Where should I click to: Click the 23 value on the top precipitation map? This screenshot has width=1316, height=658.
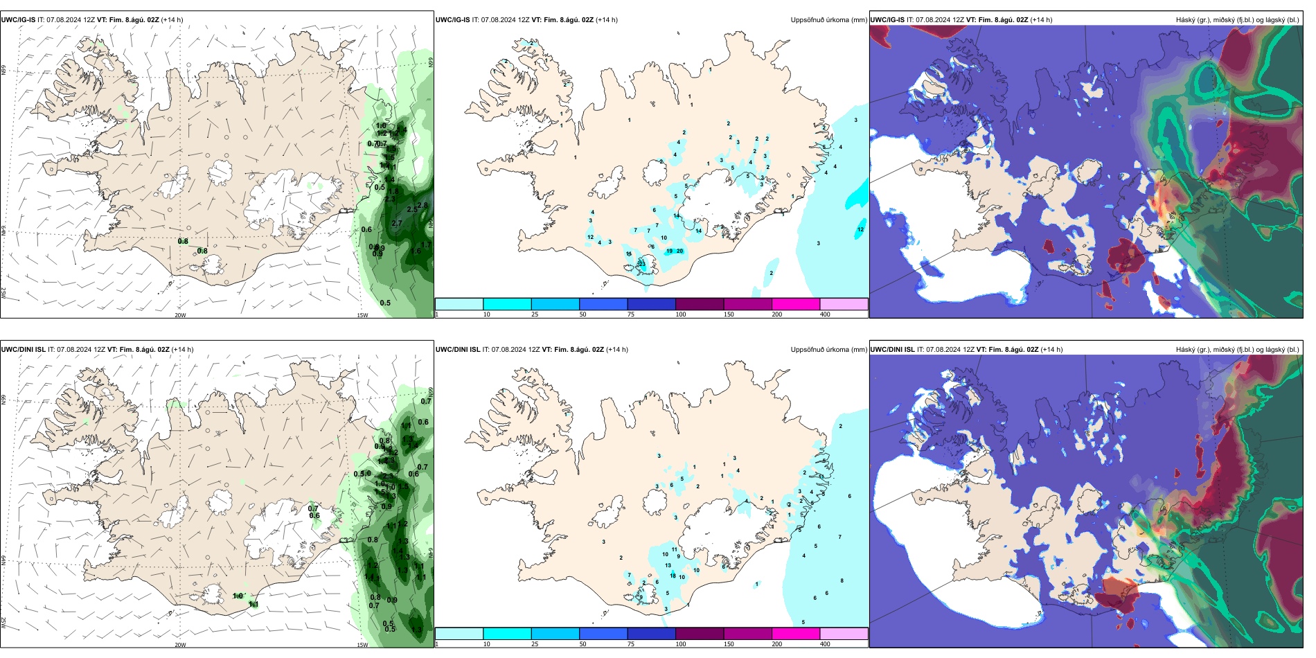(642, 264)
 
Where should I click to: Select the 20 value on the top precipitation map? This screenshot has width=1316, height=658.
(679, 251)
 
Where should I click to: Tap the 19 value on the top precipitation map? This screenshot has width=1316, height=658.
(669, 251)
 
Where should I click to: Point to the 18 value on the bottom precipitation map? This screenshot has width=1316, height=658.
(673, 576)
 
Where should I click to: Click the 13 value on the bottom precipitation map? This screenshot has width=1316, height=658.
(668, 566)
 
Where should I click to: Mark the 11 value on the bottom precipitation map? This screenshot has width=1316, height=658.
(675, 550)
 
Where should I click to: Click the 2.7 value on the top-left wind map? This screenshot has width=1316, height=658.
(397, 224)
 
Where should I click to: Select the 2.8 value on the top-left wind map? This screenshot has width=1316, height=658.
(423, 206)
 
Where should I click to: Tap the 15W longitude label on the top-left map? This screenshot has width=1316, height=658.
(362, 315)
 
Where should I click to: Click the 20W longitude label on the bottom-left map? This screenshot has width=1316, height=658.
(180, 645)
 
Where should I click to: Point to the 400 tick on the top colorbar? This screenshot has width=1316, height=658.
(825, 314)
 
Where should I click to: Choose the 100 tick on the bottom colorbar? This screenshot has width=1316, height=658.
(681, 644)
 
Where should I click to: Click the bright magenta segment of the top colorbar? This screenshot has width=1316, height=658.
(795, 304)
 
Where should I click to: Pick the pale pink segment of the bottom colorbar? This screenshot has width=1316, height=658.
(844, 634)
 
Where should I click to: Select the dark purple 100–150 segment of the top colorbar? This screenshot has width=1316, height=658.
(699, 304)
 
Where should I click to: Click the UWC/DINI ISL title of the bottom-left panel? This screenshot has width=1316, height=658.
(23, 350)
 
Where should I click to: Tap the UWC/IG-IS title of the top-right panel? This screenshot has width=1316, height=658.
(887, 20)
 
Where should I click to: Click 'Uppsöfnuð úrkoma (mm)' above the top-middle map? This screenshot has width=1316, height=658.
(828, 20)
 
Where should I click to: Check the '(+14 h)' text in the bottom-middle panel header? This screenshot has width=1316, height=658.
(617, 350)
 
